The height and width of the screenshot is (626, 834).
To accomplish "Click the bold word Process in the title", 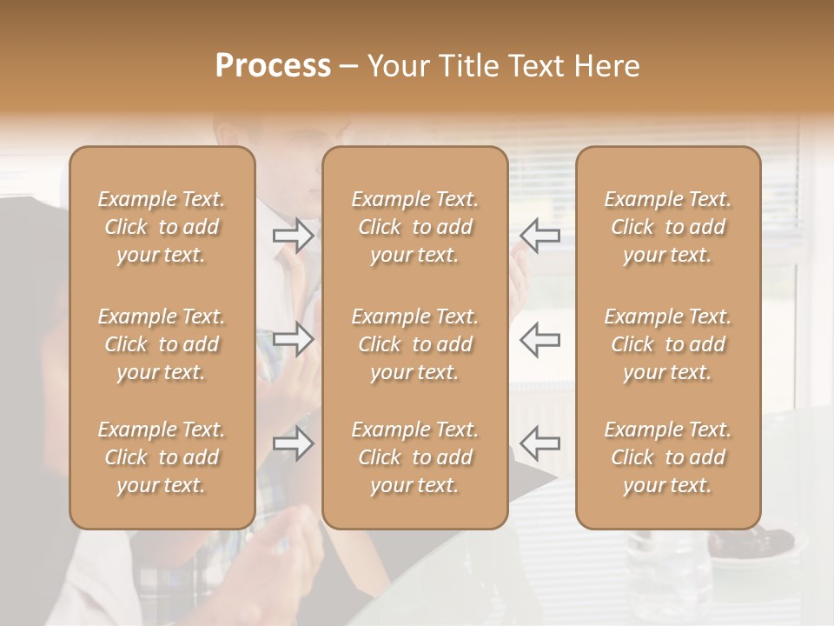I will point(273,65).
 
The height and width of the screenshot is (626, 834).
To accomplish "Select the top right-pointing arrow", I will point(293,236).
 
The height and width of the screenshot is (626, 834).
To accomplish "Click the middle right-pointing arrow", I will point(293,339).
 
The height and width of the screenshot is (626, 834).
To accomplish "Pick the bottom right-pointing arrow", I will point(293,443).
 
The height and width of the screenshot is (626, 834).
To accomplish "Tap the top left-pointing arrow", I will point(539,236).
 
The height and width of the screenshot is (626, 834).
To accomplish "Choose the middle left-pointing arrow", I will point(539,339).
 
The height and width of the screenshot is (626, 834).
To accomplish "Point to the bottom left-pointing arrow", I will point(539,443).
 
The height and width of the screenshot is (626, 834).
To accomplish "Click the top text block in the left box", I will point(162,227).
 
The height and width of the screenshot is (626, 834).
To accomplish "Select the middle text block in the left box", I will point(162,344).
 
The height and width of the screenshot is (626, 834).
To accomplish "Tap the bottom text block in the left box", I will point(162,457).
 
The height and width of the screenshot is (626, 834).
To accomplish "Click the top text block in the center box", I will point(414,227).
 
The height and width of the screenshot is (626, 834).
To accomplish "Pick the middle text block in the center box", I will point(414,344).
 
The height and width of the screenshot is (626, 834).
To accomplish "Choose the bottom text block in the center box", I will point(414,457).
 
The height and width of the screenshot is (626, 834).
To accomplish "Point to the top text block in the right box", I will point(667,227).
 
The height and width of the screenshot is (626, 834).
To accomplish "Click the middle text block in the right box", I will point(667,344).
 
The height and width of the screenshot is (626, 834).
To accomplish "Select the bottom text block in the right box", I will point(667,457).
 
